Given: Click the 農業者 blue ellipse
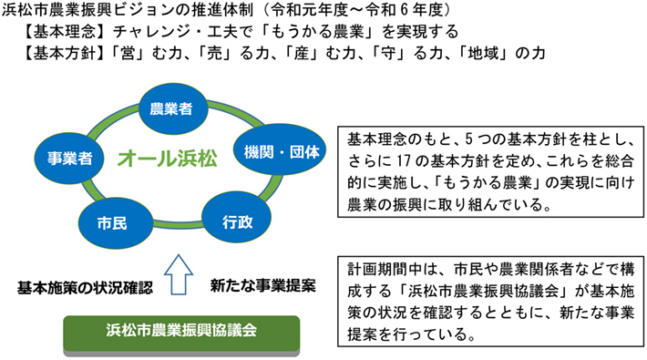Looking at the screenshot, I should (x=171, y=109).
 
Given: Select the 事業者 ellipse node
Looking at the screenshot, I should (x=70, y=157).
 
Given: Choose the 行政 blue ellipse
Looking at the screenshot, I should (x=239, y=220).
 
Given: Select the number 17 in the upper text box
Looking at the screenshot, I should (x=393, y=162).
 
